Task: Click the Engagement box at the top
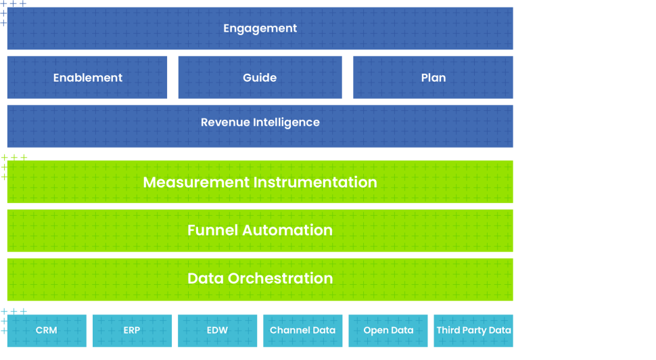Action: point(260,28)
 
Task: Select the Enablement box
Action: point(87,78)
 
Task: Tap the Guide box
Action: point(260,78)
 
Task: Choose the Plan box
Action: point(433,78)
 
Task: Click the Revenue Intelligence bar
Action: point(260,122)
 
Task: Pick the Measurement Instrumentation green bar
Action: point(260,183)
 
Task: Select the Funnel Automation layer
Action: point(260,230)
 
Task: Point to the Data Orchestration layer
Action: point(260,279)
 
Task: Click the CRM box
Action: point(47,331)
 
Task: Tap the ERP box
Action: point(132,331)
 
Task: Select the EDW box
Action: point(217,331)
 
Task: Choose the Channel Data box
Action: point(302,331)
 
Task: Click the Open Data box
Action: point(388,331)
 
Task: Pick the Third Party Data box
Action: point(473,331)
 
